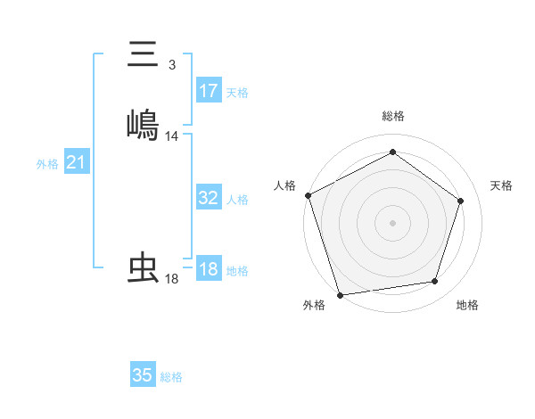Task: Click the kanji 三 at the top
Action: (144, 55)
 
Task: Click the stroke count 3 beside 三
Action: (172, 64)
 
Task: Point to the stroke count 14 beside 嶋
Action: (172, 136)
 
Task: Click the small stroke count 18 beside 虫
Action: (172, 279)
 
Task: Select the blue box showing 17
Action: (209, 91)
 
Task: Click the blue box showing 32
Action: (209, 199)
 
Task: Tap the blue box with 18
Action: (209, 270)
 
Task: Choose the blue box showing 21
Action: (77, 163)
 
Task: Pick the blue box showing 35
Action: (143, 375)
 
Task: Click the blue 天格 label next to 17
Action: (237, 93)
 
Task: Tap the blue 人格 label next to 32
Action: (237, 201)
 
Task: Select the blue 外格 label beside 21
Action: (47, 164)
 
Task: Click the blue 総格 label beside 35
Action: (171, 377)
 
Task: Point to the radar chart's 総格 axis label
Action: (393, 116)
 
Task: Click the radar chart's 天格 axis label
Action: (502, 185)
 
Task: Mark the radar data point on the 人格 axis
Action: (309, 194)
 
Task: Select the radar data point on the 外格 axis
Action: (340, 293)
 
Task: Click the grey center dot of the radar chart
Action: (392, 222)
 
